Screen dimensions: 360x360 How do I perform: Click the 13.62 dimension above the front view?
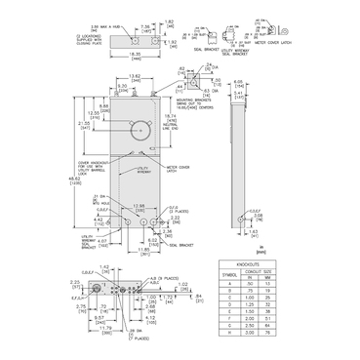pyautogui.click(x=136, y=74)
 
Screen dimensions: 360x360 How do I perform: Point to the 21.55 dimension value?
pyautogui.click(x=85, y=125)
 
